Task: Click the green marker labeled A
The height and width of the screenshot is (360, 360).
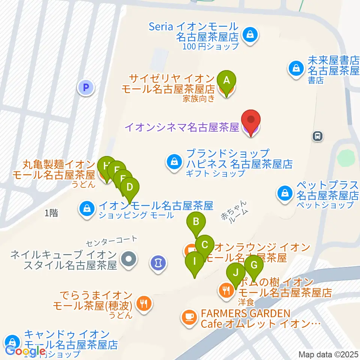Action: pos(226,80)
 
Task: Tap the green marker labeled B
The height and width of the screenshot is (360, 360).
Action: pos(196,222)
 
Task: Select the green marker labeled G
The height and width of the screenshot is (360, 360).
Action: pos(254,265)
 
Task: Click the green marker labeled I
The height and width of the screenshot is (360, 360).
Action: pos(194,261)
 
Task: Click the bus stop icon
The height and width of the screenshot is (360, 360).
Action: pos(318,136)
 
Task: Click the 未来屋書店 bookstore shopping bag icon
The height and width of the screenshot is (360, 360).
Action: pos(296,68)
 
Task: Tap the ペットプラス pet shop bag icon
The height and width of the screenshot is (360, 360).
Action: pos(285,193)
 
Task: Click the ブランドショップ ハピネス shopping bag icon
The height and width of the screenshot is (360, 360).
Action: pos(174,162)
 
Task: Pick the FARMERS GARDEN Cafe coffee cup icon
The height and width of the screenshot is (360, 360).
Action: pos(189,317)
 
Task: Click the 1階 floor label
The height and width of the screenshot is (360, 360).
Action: pos(51,213)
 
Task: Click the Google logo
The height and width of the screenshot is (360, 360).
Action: pos(25,351)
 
